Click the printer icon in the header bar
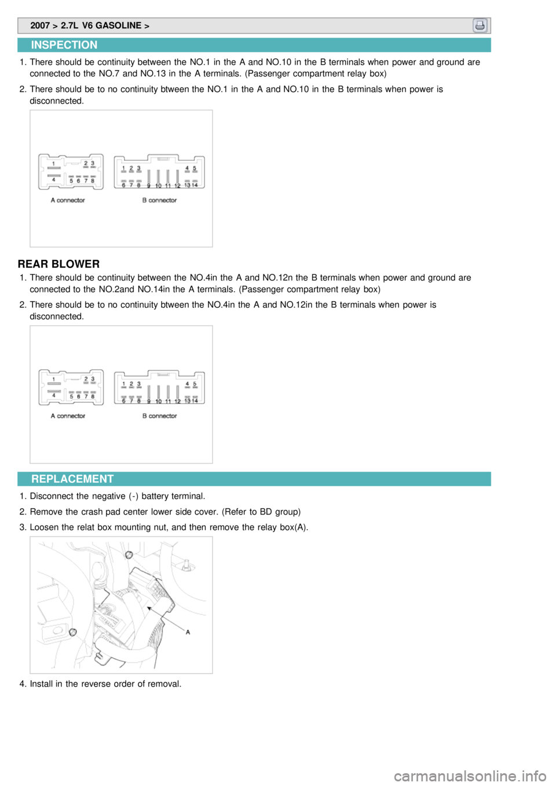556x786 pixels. pos(480,25)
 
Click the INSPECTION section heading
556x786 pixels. pos(64,45)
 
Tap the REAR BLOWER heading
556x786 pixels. pos(58,264)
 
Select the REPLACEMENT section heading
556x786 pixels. pos(72,479)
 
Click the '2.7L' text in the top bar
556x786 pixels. pos(69,25)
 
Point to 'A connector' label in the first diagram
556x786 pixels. pos(68,200)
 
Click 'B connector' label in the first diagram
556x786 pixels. pos(159,200)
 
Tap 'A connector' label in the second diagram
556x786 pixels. pos(68,416)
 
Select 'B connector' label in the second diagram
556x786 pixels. pos(159,416)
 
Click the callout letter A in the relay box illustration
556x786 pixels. pos(188,632)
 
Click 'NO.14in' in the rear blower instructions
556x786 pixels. pos(153,289)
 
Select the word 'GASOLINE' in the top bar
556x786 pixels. pos(118,25)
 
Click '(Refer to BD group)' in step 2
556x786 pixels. pos(261,512)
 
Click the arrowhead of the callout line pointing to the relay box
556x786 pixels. pos(149,608)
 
